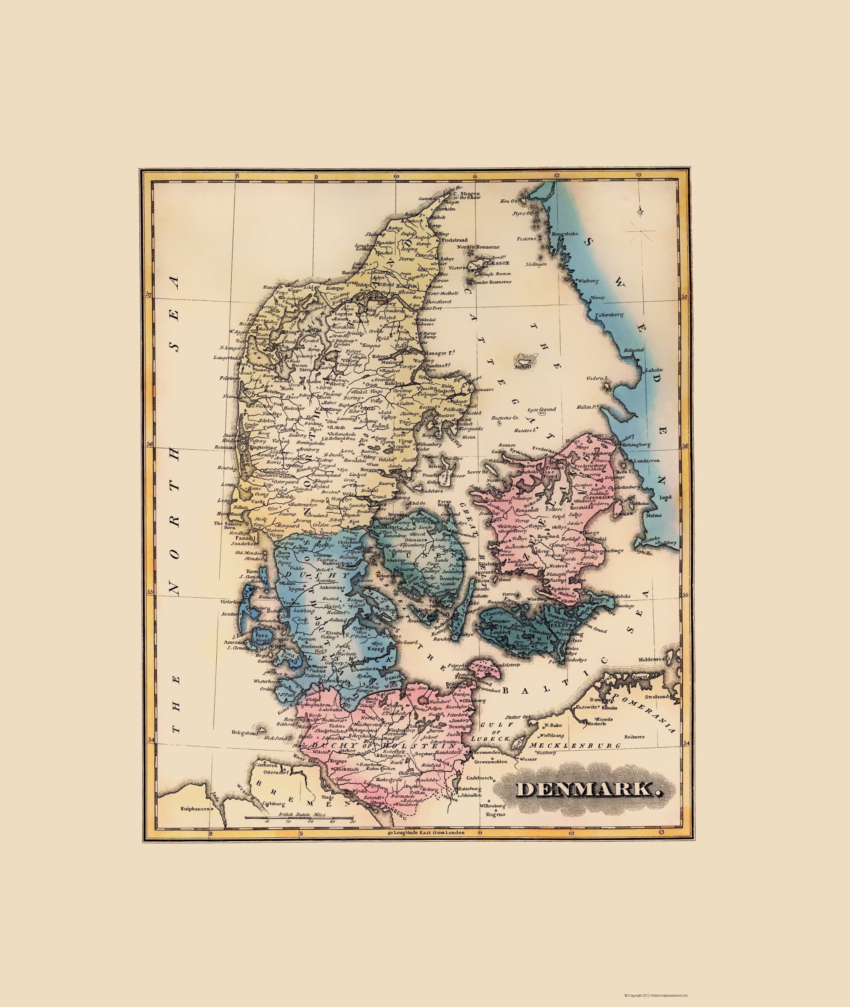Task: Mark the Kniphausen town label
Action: tap(195, 809)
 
